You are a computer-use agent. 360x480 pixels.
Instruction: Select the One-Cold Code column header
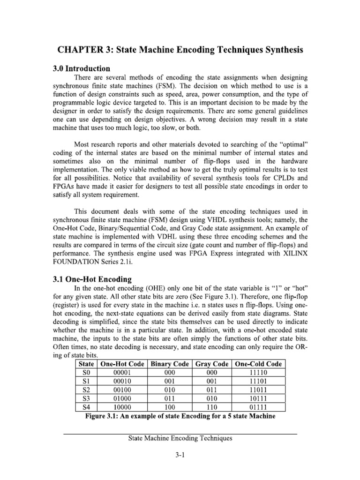tap(259, 364)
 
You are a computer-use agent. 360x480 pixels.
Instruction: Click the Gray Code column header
tap(211, 364)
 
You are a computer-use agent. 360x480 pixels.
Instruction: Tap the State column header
tap(87, 364)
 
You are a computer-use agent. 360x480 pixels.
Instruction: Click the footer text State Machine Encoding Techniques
tap(180, 439)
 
